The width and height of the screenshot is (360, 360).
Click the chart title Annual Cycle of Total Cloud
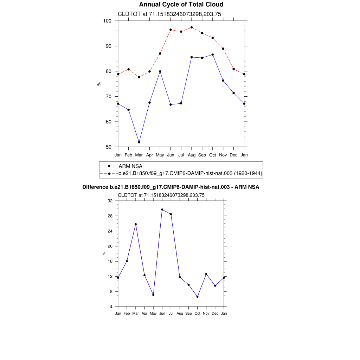[x=181, y=5]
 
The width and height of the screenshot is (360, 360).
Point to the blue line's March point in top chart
[x=139, y=142]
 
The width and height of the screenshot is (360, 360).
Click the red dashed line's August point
[x=192, y=27]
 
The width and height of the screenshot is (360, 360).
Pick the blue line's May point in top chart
[x=160, y=71]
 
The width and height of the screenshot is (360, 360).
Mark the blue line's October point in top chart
[x=213, y=54]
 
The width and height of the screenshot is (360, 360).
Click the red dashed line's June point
[x=171, y=30]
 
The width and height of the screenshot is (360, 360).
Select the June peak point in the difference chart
[x=162, y=210]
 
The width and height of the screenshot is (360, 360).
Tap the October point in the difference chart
[x=198, y=297]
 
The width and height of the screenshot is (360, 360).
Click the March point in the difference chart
[x=136, y=224]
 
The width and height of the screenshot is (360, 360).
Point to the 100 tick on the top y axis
[x=107, y=21]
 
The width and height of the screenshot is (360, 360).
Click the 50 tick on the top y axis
[x=109, y=147]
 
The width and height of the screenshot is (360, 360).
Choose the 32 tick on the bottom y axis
[x=110, y=201]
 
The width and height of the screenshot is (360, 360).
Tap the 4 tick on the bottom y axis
[x=111, y=307]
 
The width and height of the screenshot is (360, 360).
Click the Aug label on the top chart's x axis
[x=192, y=155]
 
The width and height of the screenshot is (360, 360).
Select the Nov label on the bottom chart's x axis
[x=206, y=313]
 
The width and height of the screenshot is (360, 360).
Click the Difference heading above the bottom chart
[x=171, y=187]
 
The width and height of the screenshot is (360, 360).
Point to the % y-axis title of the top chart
[x=99, y=84]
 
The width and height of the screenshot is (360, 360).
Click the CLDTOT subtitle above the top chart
[x=169, y=14]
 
